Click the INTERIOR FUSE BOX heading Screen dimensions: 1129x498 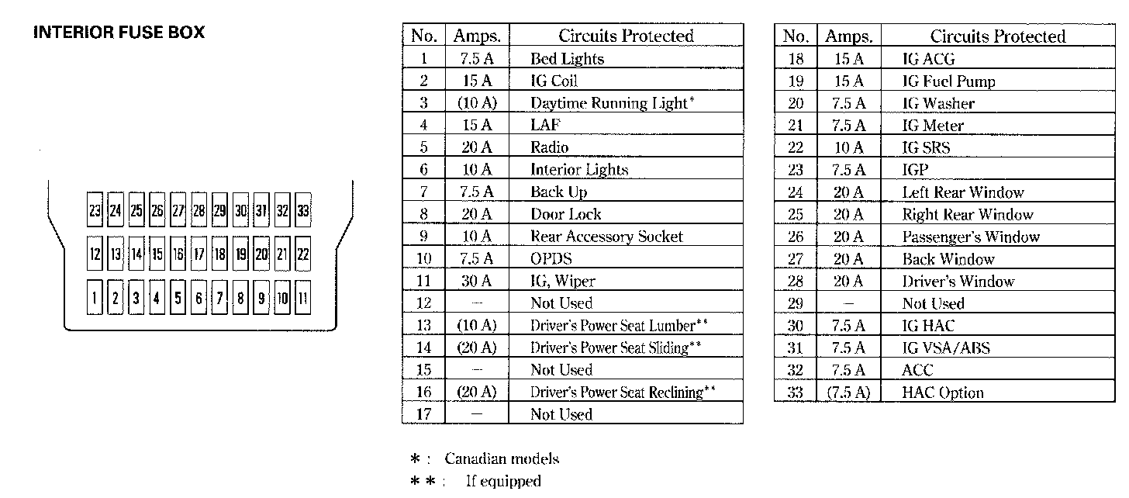pos(119,33)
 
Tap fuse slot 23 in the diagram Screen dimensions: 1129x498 pos(95,209)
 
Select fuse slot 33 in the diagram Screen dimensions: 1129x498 pos(303,209)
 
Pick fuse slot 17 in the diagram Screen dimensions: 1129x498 pos(199,254)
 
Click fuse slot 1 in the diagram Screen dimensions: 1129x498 pos(95,297)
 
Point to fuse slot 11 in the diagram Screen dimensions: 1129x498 pos(303,297)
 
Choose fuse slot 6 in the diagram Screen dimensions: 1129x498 pos(199,297)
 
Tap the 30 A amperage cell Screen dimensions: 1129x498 pos(476,280)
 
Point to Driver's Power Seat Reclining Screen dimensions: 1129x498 pos(623,392)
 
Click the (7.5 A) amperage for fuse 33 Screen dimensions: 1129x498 pos(849,393)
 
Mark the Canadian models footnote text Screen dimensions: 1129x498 pos(502,458)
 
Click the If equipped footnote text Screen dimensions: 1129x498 pos(503,481)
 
